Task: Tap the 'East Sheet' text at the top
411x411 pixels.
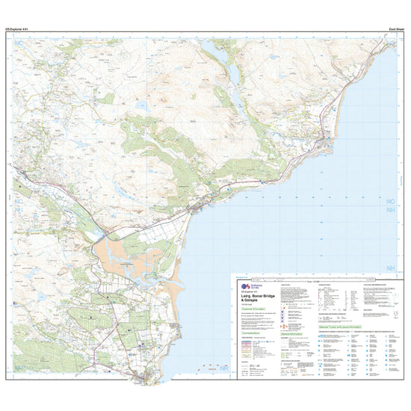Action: click(386, 28)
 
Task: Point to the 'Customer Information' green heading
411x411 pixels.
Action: click(252, 309)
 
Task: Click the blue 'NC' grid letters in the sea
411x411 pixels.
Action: click(389, 201)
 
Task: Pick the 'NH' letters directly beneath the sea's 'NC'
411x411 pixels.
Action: click(389, 211)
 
